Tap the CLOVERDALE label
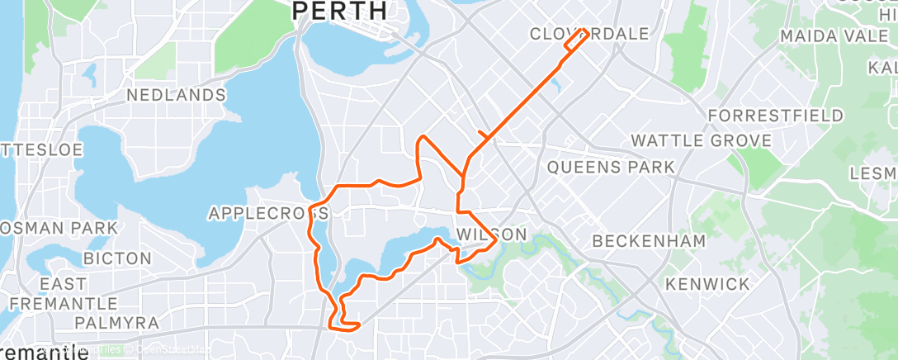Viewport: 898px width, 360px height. (588, 34)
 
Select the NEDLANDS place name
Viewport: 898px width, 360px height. (176, 95)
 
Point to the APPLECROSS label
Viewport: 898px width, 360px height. (268, 213)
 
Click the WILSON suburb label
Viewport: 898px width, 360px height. (491, 234)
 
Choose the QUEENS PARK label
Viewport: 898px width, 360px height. (611, 168)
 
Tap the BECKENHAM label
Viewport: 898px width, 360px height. (649, 241)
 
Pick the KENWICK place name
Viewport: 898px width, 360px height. (707, 284)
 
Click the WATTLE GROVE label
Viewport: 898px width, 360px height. (702, 140)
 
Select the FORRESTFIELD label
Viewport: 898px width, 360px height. (775, 115)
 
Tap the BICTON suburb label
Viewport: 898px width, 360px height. (116, 258)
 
